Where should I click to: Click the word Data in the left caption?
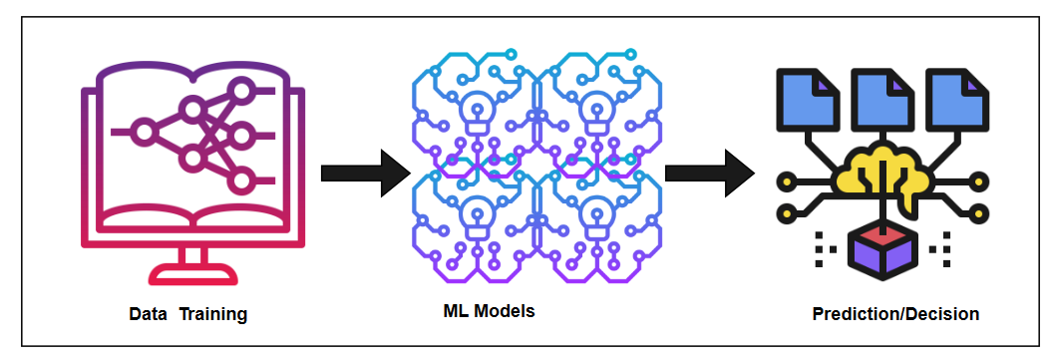click(x=148, y=315)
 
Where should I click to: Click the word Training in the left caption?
click(x=212, y=315)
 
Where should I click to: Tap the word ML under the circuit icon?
click(x=456, y=311)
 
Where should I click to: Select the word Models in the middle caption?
click(x=505, y=311)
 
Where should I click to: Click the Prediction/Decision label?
click(x=895, y=314)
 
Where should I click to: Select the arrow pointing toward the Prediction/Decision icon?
click(x=708, y=173)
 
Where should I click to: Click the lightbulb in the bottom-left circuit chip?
click(x=473, y=212)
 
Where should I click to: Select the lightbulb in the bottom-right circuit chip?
click(x=597, y=212)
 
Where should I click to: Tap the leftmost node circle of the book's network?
click(x=144, y=131)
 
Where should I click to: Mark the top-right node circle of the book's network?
click(x=240, y=92)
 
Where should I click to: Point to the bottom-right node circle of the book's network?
click(x=240, y=180)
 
